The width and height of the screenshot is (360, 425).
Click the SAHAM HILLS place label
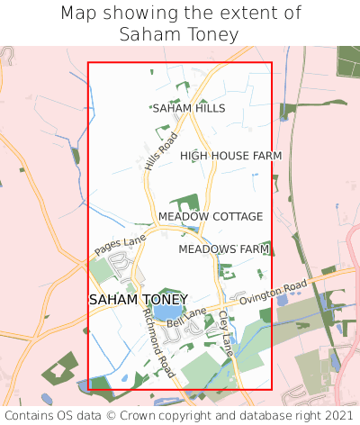[189, 108]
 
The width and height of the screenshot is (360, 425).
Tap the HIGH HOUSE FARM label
[230, 156]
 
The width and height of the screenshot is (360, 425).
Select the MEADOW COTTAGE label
[211, 217]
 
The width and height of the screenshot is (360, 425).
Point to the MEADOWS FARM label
[224, 249]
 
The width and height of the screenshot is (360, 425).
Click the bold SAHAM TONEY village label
[139, 299]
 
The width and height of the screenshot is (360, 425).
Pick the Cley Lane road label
[225, 333]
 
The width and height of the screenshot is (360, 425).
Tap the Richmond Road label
[158, 342]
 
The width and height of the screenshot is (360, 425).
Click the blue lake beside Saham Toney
[166, 312]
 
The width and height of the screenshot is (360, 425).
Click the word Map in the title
[78, 14]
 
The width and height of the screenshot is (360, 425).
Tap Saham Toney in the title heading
[179, 35]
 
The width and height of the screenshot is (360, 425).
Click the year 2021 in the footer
[337, 415]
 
